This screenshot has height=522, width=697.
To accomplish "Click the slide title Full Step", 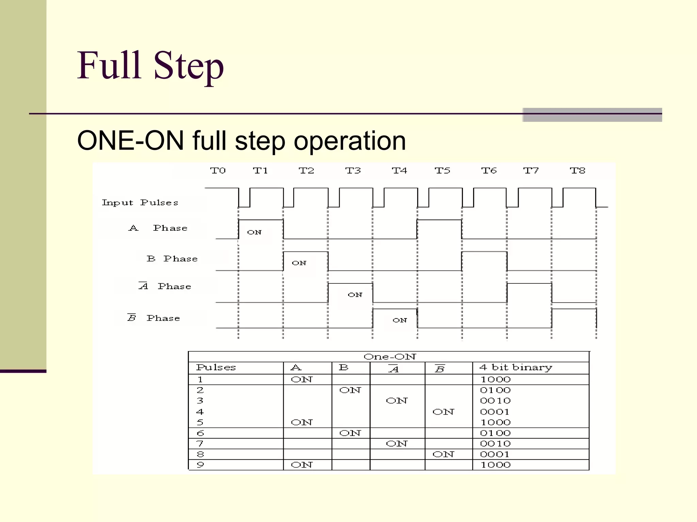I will coord(150,66).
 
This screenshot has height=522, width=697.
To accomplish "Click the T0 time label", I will coord(218,171).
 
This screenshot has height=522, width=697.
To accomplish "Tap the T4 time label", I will coord(399,171).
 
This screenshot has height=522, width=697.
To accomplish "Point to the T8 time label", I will coord(578,171).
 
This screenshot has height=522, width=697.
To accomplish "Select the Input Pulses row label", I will coord(140,203).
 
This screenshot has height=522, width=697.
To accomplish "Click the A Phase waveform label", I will coord(158,228).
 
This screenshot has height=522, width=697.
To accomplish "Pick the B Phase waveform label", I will coord(172,259).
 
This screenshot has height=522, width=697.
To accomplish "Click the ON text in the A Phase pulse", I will coord(254,232).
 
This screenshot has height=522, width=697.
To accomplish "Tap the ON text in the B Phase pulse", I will coord(299,263).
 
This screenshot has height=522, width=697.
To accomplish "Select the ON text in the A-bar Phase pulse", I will coord(355,295).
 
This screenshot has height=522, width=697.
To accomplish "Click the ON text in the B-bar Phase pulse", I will coord(400,320).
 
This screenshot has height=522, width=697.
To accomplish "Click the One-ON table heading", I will coord(389,357).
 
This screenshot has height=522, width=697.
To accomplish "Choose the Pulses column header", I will coord(216,368).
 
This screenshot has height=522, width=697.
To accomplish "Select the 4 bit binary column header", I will coord(516,368).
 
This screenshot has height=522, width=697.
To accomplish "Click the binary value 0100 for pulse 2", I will coord(495,390).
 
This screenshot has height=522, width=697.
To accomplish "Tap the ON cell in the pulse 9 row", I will coord(302,465).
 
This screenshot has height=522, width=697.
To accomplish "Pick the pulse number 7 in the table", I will coord(200,444).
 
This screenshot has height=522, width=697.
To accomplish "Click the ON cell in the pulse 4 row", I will coord(443,412).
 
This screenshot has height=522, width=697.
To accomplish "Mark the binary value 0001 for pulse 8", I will coord(495,454).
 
